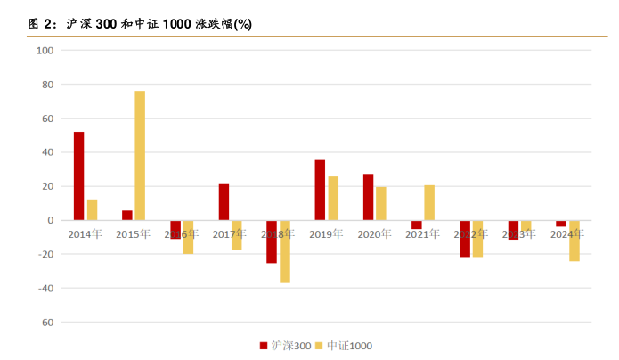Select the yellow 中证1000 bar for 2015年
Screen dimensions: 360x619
tap(140, 155)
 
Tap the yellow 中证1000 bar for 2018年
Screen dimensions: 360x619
tap(285, 251)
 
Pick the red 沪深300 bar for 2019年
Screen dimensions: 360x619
tap(320, 189)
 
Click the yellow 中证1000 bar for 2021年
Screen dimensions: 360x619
tap(429, 202)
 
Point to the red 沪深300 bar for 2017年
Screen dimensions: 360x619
tap(224, 201)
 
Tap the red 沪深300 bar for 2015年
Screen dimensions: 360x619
tap(127, 215)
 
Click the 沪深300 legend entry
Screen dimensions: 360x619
tap(285, 345)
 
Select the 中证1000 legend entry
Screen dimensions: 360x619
tap(349, 345)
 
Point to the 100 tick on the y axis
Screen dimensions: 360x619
tap(45, 51)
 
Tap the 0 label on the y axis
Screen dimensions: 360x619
tap(51, 220)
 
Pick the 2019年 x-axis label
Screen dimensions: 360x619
tap(326, 234)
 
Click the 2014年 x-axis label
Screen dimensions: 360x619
tap(86, 234)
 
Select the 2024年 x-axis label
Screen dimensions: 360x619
tap(567, 234)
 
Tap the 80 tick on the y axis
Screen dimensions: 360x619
tap(47, 85)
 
